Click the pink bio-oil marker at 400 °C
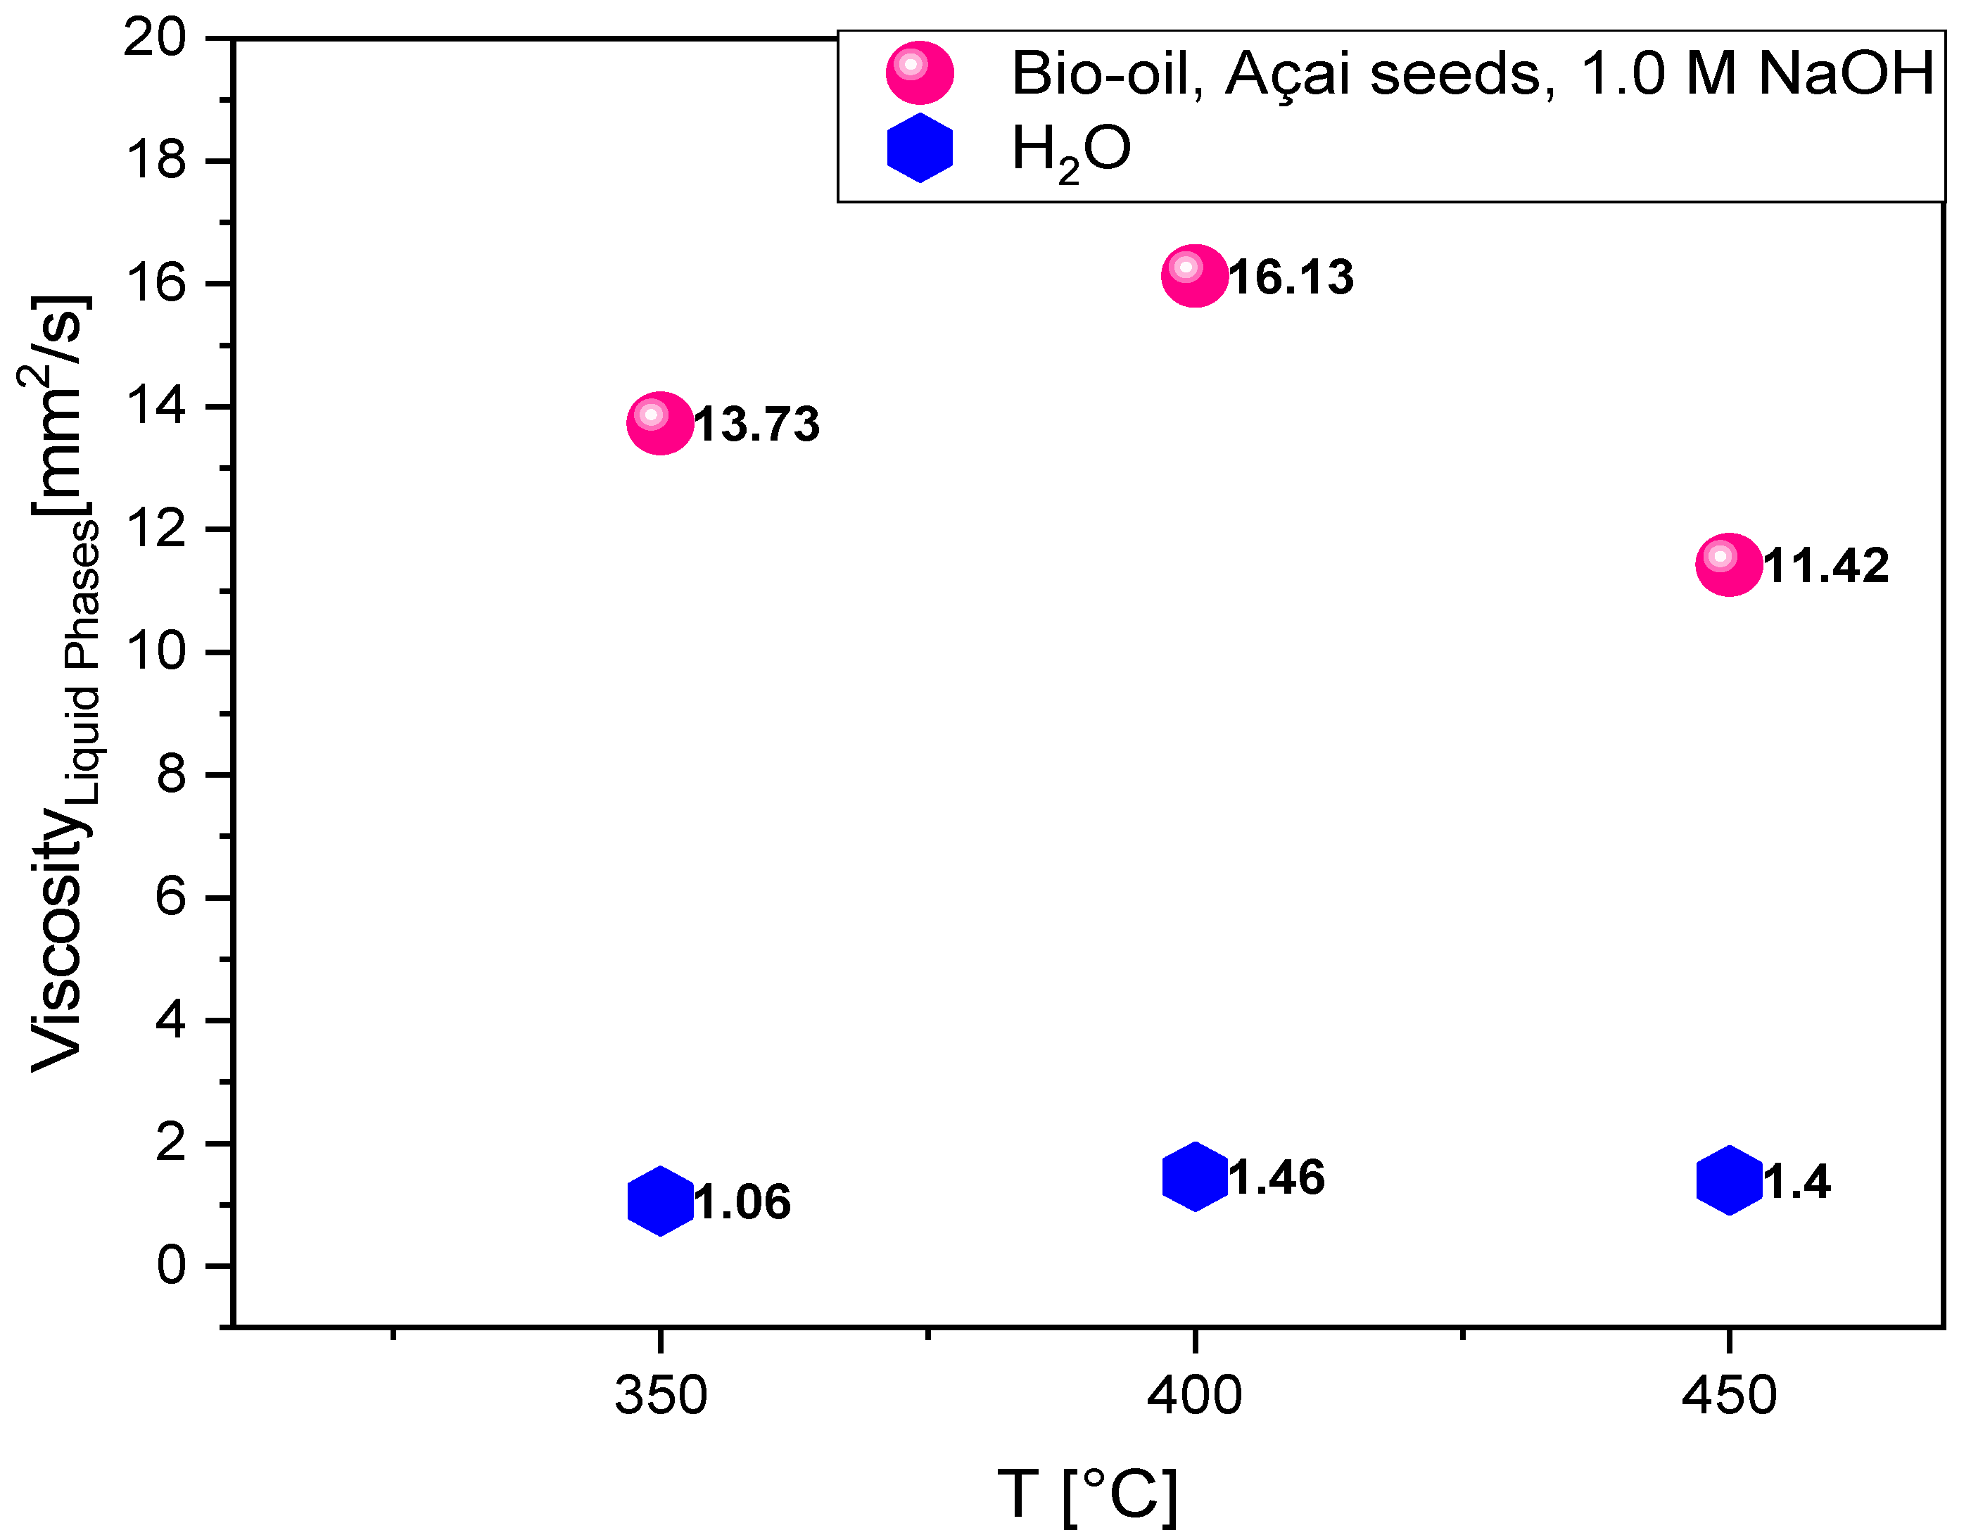click(x=1194, y=275)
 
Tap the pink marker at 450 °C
click(x=1728, y=565)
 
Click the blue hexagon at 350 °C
click(x=660, y=1201)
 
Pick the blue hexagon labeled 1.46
click(x=1194, y=1176)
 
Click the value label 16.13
click(x=1291, y=277)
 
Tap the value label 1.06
click(x=742, y=1202)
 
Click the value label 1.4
click(x=1796, y=1182)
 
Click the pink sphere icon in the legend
click(x=919, y=72)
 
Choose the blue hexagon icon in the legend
click(x=919, y=148)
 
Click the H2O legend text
click(x=1070, y=150)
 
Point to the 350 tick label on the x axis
click(x=660, y=1396)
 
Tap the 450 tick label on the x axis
click(x=1728, y=1396)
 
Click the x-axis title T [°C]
click(x=1087, y=1495)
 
